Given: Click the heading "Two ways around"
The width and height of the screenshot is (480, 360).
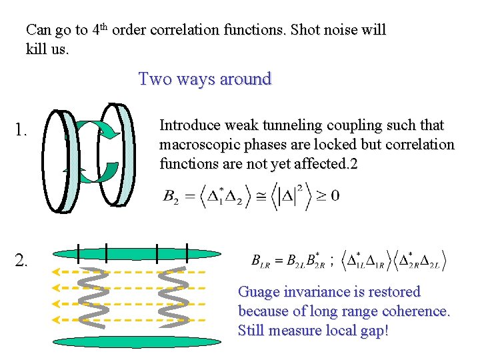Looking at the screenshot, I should pos(205,79).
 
